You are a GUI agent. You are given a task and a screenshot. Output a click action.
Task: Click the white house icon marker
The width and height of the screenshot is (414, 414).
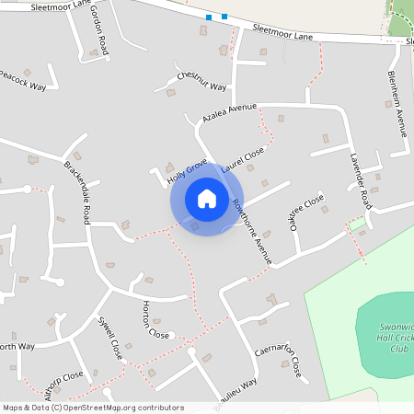[207, 198]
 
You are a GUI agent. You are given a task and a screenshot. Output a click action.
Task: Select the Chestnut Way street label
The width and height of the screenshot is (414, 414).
[201, 80]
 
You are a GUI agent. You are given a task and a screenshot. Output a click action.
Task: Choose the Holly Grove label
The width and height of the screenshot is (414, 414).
[188, 171]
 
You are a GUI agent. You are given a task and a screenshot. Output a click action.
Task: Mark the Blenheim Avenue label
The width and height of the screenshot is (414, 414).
[397, 103]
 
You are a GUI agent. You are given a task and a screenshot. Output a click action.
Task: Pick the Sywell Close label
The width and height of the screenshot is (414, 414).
[110, 338]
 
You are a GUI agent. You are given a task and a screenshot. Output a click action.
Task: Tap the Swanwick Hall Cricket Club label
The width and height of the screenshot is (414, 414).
[385, 338]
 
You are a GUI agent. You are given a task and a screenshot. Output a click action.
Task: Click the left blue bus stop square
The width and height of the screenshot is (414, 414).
[209, 17]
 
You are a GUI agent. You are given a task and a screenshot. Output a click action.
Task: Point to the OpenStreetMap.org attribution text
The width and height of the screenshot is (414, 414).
[120, 408]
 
